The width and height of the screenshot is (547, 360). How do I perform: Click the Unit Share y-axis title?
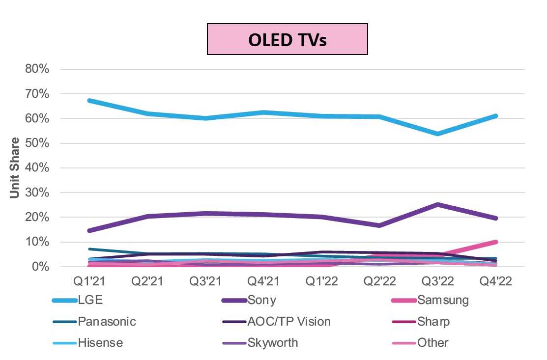(x=15, y=167)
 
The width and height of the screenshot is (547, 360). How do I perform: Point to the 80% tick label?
(x=37, y=69)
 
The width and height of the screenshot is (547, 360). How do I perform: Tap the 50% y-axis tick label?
(x=37, y=143)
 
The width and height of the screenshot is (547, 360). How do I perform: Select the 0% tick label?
(x=40, y=267)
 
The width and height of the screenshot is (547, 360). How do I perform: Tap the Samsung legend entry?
(x=442, y=300)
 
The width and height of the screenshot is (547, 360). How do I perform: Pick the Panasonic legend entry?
(x=106, y=322)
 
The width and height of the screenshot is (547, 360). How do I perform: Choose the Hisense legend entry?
(x=100, y=342)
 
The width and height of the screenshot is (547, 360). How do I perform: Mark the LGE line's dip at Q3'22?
(x=437, y=134)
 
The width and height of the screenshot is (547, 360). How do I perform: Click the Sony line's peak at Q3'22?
(x=437, y=204)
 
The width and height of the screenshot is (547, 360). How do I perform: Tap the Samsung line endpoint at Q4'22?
(x=495, y=242)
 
